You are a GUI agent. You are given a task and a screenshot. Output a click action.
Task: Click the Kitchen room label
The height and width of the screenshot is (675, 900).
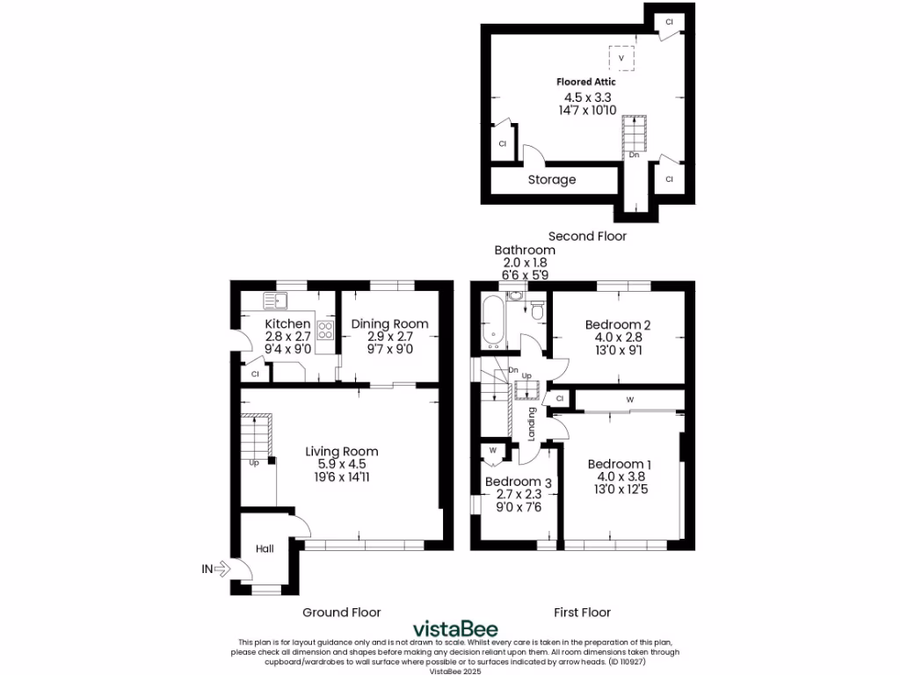point(287,324)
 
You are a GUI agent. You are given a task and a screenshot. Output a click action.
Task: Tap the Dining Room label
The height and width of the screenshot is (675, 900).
point(389,324)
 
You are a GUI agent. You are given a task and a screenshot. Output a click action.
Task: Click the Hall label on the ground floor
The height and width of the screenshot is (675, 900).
point(265,548)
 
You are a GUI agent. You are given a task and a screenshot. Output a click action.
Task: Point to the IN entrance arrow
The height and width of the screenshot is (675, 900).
point(215,569)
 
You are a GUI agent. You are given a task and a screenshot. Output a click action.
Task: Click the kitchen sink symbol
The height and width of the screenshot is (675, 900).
point(276,302)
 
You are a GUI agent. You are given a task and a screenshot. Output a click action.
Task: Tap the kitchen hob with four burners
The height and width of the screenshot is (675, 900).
point(325,330)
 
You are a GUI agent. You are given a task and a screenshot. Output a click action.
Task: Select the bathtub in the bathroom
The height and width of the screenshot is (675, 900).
point(491,322)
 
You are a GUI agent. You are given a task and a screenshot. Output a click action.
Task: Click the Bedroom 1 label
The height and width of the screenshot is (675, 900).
point(620,464)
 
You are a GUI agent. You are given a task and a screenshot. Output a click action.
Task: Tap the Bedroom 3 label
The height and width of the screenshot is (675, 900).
point(519,482)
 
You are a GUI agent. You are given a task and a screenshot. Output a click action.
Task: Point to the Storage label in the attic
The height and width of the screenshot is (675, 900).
point(552,179)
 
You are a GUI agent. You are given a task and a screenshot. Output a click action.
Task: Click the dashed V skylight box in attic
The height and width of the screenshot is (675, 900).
point(622,58)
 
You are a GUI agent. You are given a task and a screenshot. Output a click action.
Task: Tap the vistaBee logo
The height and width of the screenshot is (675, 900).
point(455,628)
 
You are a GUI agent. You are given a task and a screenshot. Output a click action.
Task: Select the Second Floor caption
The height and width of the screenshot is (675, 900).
point(587,236)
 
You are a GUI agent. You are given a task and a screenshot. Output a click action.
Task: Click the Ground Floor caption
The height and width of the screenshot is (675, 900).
point(342,612)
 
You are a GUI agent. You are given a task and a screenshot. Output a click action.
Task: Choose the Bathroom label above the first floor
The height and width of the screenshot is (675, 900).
point(524,250)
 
